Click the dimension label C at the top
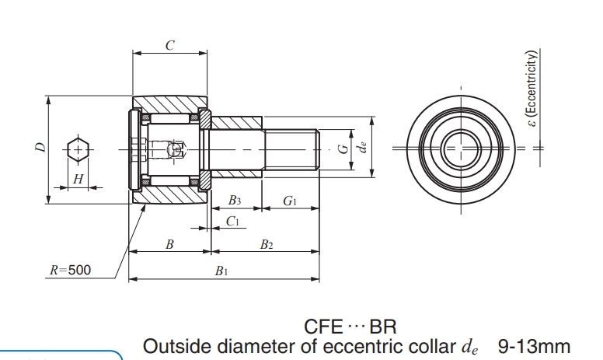tap(169, 45)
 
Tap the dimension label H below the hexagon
tap(77, 179)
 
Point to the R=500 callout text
tap(70, 270)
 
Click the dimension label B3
tap(234, 201)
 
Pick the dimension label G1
tap(290, 201)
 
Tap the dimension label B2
tap(266, 244)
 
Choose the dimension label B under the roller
tap(169, 244)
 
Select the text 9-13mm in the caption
tap(534, 345)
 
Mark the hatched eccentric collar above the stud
tap(237, 123)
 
